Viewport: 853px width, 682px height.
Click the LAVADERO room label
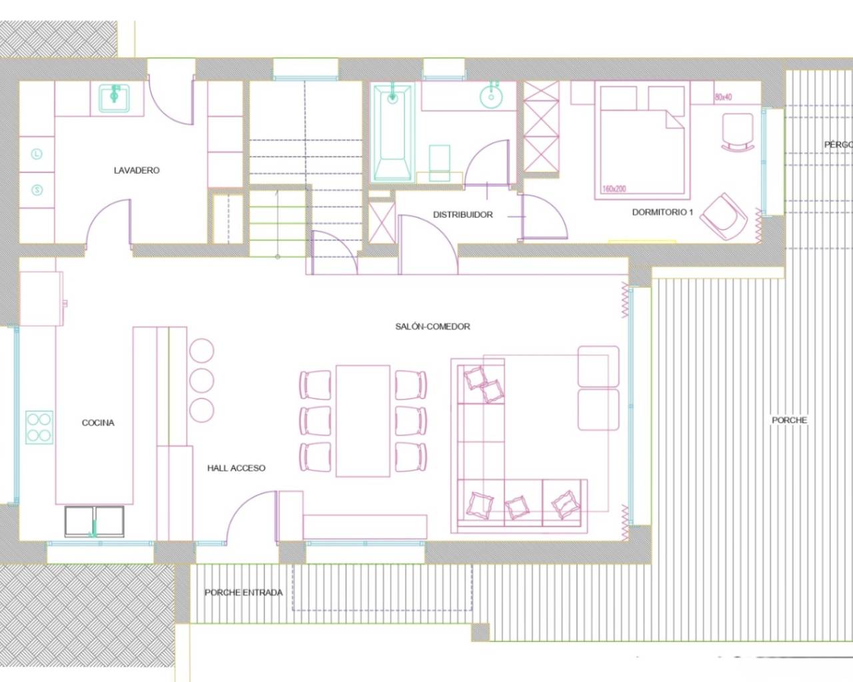tap(137, 170)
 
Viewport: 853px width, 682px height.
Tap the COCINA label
tap(98, 423)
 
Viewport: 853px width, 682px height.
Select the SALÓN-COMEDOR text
tap(432, 326)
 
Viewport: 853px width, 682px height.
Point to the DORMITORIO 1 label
tap(662, 212)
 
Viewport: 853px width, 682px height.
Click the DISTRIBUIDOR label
tap(463, 214)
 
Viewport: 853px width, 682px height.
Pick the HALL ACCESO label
tap(236, 468)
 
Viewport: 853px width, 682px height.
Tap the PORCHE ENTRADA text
tap(243, 592)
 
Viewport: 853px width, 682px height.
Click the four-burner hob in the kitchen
tap(39, 427)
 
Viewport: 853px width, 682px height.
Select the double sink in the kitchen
tap(94, 521)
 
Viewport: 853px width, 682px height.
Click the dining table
tap(363, 420)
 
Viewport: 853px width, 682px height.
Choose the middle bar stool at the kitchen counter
tap(201, 380)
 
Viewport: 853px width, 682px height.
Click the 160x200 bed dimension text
tap(614, 189)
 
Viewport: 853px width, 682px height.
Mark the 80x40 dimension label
tap(723, 97)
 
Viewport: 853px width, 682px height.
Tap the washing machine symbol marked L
tap(37, 154)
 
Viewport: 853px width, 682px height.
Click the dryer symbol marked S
tap(37, 190)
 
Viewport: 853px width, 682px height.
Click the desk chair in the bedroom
tap(737, 131)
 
